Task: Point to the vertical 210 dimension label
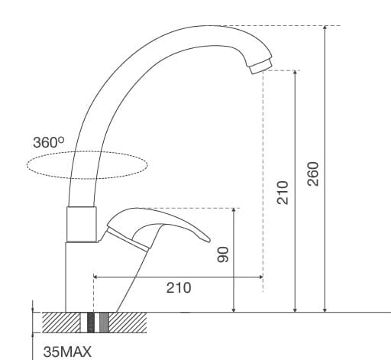pyautogui.click(x=282, y=191)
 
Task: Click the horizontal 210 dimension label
pyautogui.click(x=179, y=288)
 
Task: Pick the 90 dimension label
pyautogui.click(x=222, y=255)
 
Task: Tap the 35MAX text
pyautogui.click(x=67, y=352)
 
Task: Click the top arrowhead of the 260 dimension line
pyautogui.click(x=325, y=30)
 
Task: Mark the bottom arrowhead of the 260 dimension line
pyautogui.click(x=325, y=308)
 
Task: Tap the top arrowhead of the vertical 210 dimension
pyautogui.click(x=296, y=75)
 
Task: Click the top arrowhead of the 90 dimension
pyautogui.click(x=234, y=212)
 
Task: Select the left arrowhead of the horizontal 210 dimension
pyautogui.click(x=97, y=275)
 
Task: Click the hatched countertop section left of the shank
pyautogui.click(x=61, y=322)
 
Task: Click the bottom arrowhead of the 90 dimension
pyautogui.click(x=234, y=308)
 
